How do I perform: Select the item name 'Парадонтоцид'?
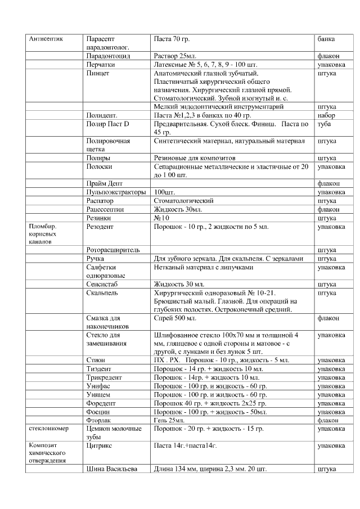tap(109, 56)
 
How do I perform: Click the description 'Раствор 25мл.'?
tap(174, 56)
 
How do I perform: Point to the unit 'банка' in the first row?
tap(326, 39)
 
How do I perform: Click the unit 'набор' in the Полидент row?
tap(327, 115)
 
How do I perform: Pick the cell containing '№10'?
tap(162, 217)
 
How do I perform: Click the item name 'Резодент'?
tap(100, 226)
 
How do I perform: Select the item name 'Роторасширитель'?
tap(113, 250)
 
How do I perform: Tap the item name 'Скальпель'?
tap(102, 292)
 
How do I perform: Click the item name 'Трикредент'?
tap(105, 377)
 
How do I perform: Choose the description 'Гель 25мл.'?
tap(169, 420)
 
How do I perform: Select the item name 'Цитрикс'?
tap(100, 445)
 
